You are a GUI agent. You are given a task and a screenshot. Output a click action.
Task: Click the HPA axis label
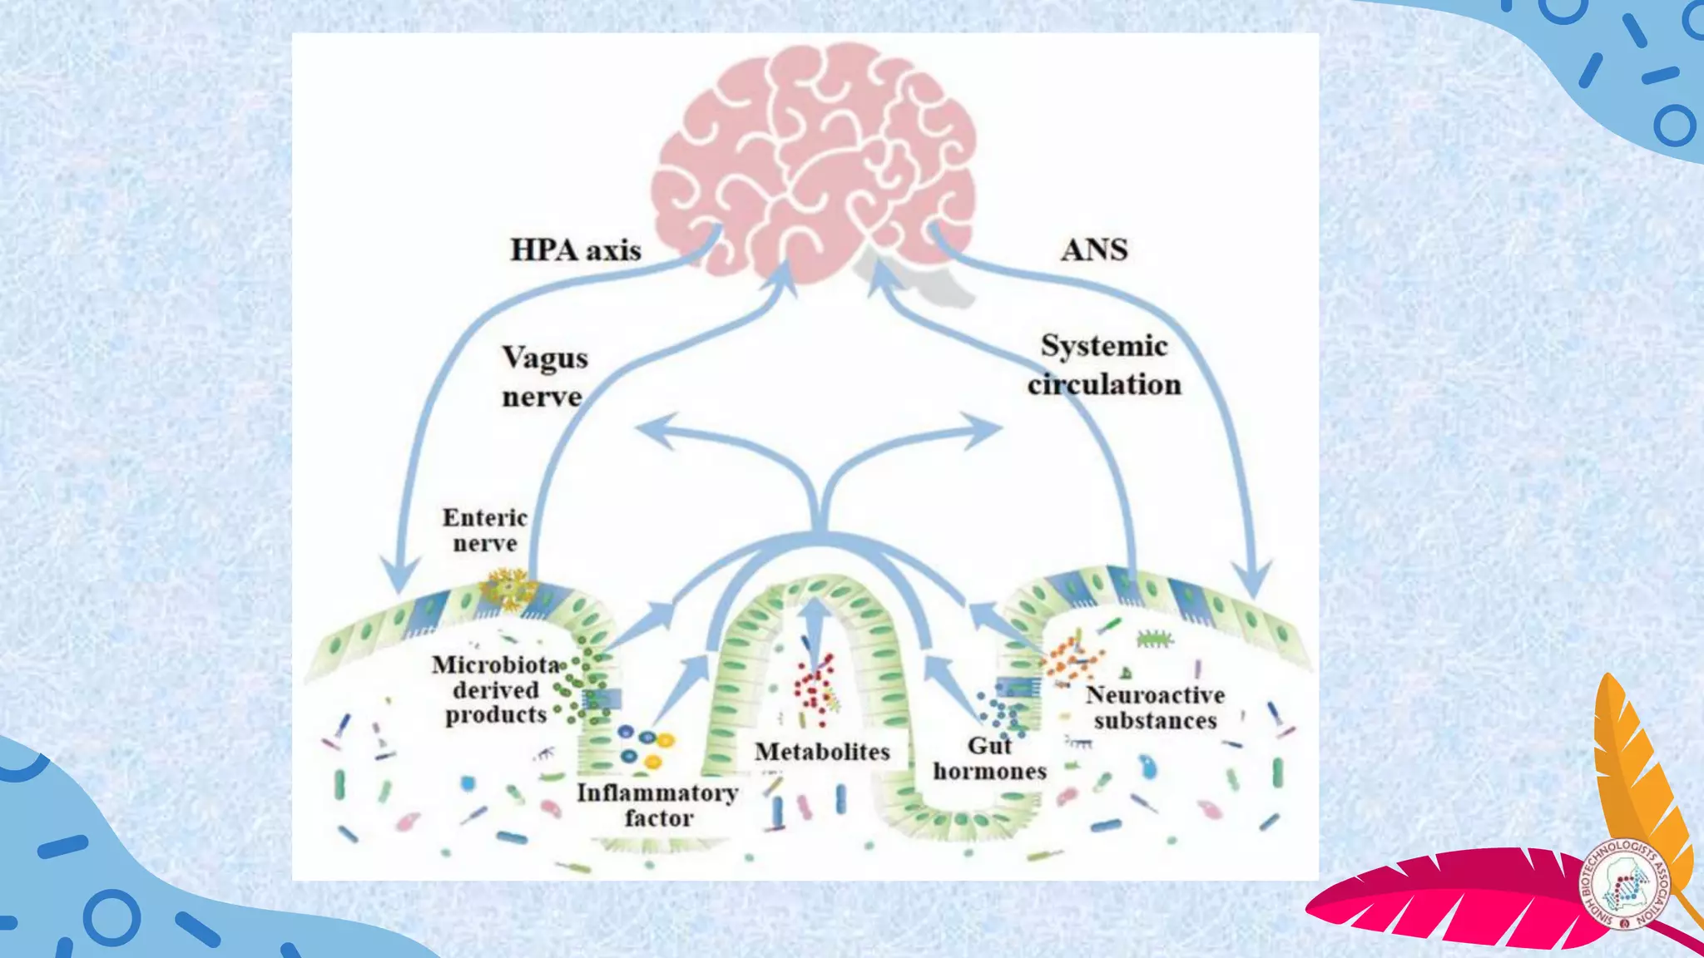(575, 250)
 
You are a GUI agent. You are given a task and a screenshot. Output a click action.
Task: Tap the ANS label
(1094, 250)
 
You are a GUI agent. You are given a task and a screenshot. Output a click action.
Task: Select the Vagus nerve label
(544, 377)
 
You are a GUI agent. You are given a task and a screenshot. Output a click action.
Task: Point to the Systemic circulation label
(1104, 365)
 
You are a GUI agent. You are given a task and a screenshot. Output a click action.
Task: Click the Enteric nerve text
(485, 531)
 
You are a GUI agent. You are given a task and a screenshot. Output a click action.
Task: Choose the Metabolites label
(822, 752)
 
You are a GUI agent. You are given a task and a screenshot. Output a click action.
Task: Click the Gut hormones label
(989, 758)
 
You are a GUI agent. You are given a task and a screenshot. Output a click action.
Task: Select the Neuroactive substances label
(1155, 707)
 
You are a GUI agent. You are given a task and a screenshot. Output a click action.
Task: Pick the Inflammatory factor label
(657, 805)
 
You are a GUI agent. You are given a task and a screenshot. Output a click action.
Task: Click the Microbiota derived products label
(496, 689)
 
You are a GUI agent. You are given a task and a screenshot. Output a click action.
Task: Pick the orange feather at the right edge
(1635, 765)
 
